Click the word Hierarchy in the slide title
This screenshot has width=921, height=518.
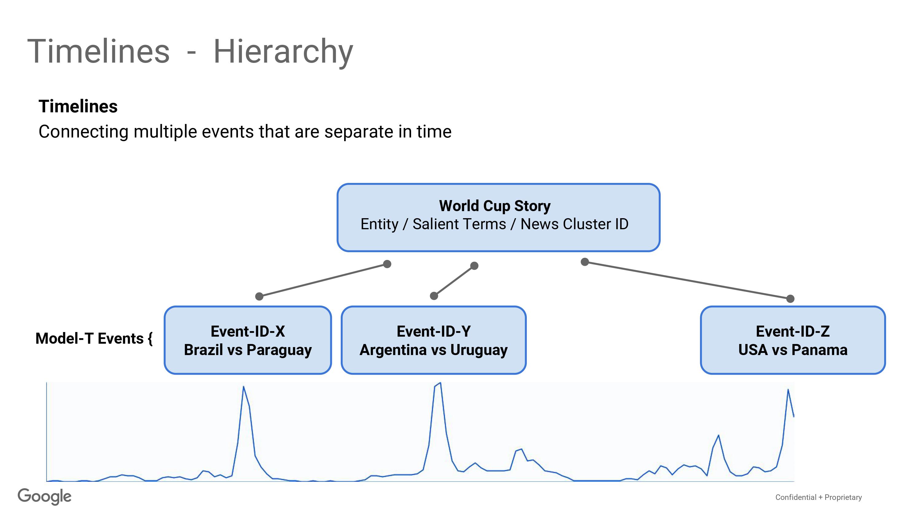point(283,52)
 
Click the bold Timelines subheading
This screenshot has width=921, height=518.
point(78,106)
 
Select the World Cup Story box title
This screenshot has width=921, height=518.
point(495,206)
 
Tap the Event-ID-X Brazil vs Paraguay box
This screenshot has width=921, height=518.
point(248,340)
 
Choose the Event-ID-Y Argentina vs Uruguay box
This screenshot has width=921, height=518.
point(434,340)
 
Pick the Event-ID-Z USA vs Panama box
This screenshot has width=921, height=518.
point(793,340)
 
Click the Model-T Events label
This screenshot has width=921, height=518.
point(94,338)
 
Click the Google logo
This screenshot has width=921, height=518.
point(45,497)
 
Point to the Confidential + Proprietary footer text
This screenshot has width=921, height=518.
point(818,497)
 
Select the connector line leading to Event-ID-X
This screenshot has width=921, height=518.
point(323,280)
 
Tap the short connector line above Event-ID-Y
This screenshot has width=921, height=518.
point(454,280)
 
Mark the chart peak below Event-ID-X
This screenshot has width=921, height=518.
point(243,386)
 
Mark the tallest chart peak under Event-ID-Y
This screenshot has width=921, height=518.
point(440,383)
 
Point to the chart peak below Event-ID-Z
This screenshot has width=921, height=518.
point(788,389)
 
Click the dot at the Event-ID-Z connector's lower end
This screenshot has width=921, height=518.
point(791,299)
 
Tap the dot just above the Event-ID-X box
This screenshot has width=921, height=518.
point(259,296)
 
